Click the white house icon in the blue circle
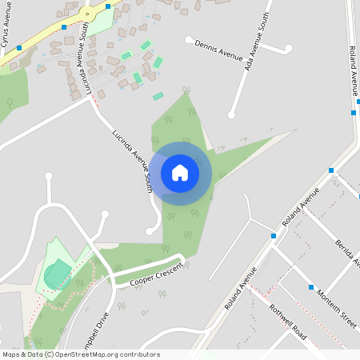click(180, 172)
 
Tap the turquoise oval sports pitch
click(58, 274)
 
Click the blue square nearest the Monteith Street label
click(311, 286)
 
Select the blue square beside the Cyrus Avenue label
click(19, 48)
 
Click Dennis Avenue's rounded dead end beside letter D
click(188, 38)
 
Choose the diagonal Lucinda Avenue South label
click(132, 150)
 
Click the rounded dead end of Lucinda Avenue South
click(149, 231)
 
